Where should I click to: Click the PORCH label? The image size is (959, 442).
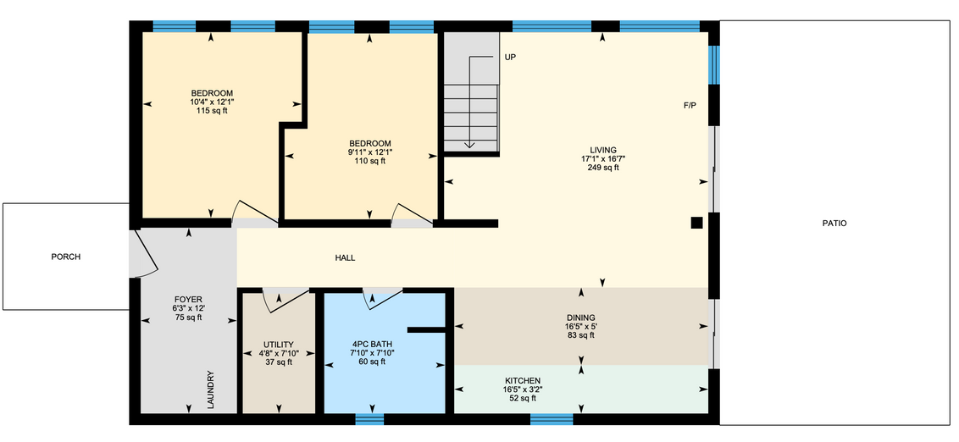tap(65, 257)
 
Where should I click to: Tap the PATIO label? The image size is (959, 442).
tap(834, 224)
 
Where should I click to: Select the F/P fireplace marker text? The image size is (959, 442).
tap(690, 105)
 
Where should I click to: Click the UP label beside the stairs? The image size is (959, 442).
tap(510, 57)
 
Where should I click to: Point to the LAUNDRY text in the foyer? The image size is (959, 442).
tap(210, 390)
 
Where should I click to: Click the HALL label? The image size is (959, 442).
tap(345, 258)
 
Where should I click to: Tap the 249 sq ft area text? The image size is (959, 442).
tap(603, 169)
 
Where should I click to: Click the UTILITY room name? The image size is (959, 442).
tap(279, 344)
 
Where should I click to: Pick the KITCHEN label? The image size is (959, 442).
tap(523, 381)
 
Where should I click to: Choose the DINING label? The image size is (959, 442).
tap(580, 318)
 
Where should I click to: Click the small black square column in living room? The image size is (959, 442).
tap(696, 224)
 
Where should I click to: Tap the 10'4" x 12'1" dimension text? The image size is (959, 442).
tap(212, 102)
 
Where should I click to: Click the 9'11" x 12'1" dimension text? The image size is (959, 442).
tap(369, 152)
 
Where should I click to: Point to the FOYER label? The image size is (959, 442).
tap(188, 300)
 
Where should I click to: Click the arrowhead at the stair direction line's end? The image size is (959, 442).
tap(469, 145)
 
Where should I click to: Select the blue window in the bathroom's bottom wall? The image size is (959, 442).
tap(369, 419)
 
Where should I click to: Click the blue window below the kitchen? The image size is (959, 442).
tap(552, 419)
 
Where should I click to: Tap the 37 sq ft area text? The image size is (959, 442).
tap(279, 362)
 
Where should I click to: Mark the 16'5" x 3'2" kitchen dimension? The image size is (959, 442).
tap(523, 390)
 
